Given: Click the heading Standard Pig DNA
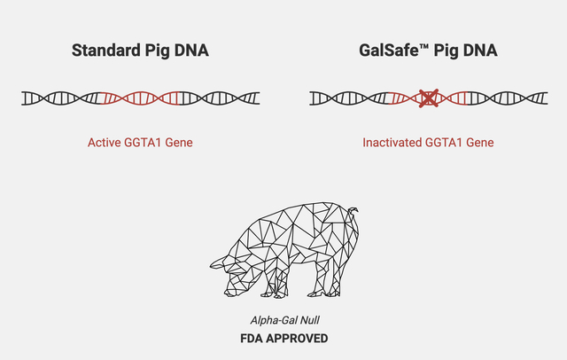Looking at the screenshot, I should pos(140,51).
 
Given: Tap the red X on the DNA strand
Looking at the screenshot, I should pos(429,98).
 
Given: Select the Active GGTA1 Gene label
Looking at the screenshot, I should pos(140,142).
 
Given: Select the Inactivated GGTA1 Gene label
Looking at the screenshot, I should pos(429,142).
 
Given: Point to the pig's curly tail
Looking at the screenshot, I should pos(354,213).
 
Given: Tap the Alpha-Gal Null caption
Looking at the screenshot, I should pos(283,319).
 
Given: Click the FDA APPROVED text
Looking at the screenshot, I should pos(283,338).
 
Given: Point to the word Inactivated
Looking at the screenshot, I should pos(392,142).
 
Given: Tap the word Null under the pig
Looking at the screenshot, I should pos(309,319).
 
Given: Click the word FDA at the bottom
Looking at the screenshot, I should pos(251,338).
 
